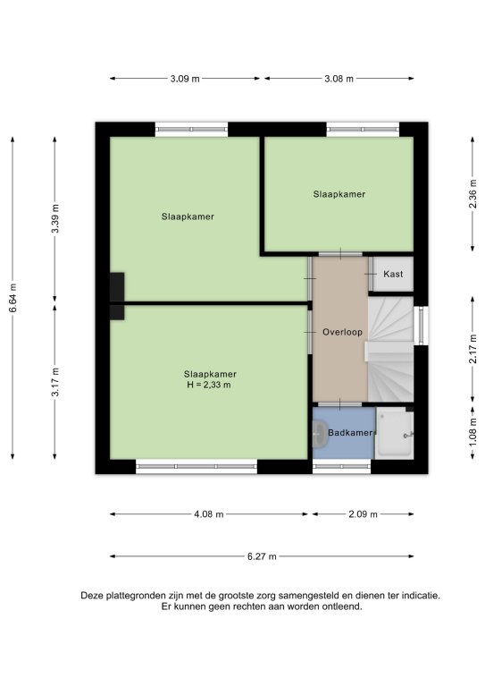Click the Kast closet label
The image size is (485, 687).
tap(393, 274)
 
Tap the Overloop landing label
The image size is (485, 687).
tap(342, 332)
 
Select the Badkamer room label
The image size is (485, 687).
tap(350, 432)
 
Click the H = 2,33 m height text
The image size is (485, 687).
tap(209, 386)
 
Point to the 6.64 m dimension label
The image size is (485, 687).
tap(13, 298)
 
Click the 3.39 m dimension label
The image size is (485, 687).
tap(55, 218)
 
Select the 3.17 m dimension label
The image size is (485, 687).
tap(55, 382)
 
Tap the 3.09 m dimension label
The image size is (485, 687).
tap(185, 79)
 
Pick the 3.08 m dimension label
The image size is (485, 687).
tap(339, 79)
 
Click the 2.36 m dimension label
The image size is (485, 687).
tap(472, 194)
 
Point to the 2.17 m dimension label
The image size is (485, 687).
tap(472, 349)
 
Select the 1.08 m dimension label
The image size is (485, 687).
tap(472, 433)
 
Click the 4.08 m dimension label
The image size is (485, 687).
tap(209, 514)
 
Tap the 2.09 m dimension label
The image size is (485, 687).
tap(363, 514)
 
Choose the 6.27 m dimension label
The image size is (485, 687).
tap(262, 557)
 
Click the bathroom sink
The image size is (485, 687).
tap(320, 434)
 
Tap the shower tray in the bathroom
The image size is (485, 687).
tap(394, 433)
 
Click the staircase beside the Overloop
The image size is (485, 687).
tap(390, 349)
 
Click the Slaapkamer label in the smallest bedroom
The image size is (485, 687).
tap(339, 194)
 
